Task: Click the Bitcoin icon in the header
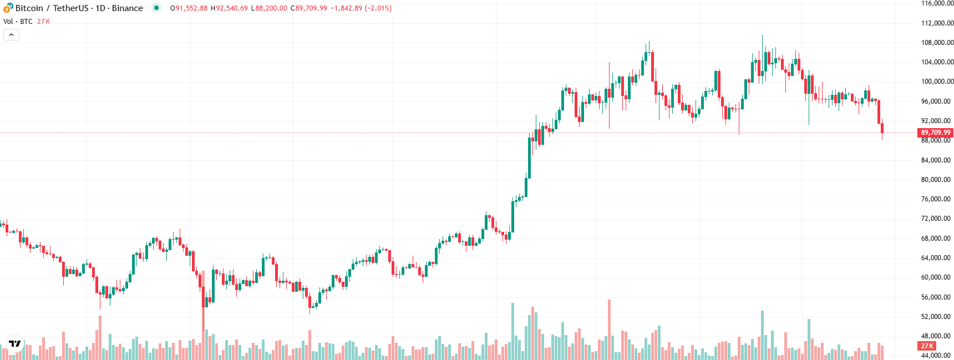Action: [8, 8]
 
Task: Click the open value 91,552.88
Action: [191, 8]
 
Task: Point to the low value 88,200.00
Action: [272, 8]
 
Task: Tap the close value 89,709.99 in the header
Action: [311, 8]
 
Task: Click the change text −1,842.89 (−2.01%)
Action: [361, 8]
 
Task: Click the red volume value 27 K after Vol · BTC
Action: [43, 22]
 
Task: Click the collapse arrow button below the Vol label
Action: [11, 35]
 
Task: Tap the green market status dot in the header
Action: [156, 8]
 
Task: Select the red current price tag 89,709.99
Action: [935, 133]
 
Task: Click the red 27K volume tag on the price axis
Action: [927, 346]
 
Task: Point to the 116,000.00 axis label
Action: [937, 3]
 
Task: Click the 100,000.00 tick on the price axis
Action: [937, 82]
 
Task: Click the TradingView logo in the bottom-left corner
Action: [15, 344]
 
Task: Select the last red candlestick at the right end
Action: [882, 128]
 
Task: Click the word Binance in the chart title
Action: [128, 8]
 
